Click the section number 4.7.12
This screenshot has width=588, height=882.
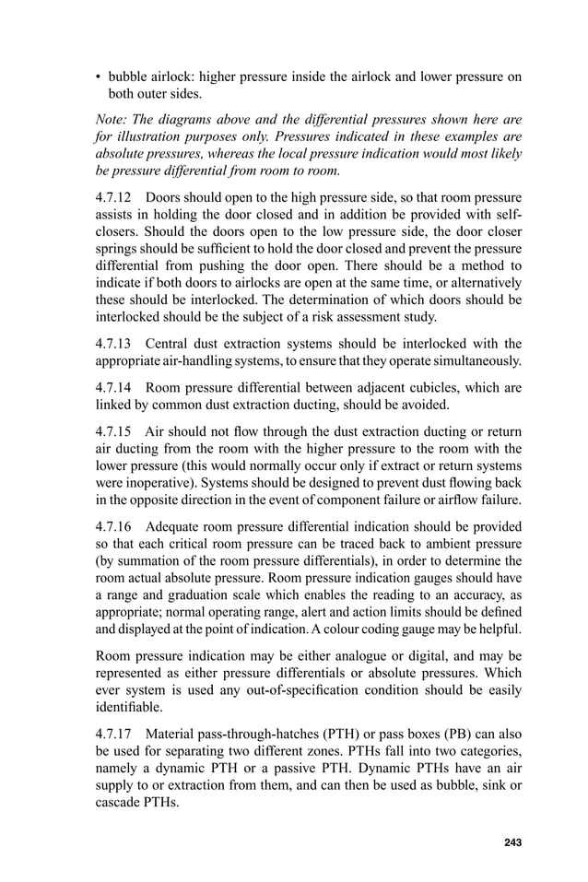(x=117, y=198)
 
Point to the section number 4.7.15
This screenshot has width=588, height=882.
(x=117, y=430)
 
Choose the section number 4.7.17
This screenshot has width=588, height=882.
(x=117, y=735)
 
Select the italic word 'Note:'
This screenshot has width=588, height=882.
(x=113, y=120)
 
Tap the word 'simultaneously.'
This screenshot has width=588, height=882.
(x=475, y=360)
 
